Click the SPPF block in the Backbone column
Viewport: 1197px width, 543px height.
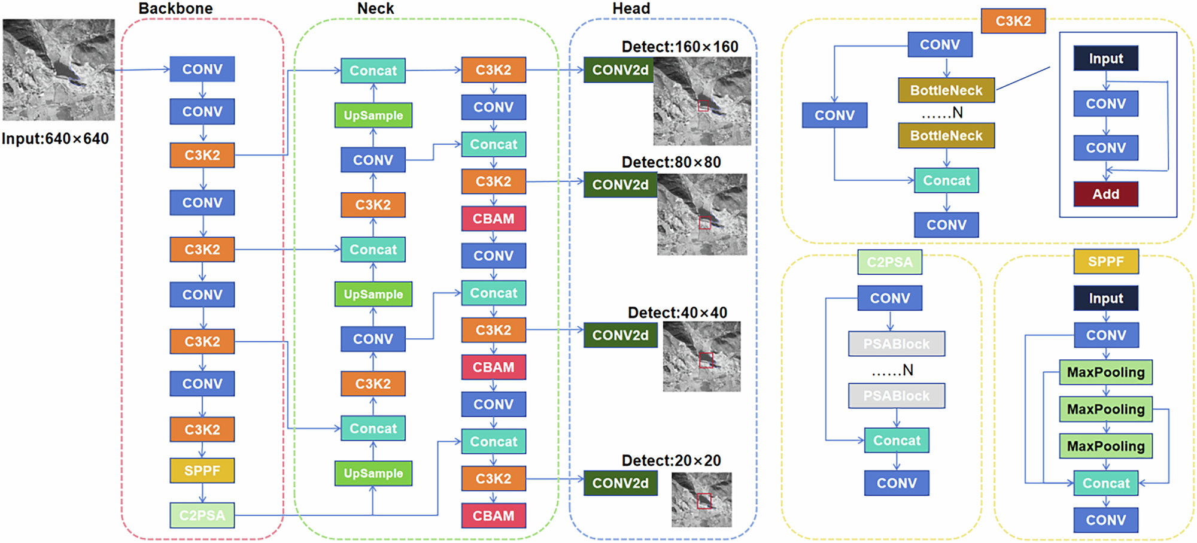pos(202,471)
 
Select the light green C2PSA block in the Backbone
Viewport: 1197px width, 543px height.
pos(202,515)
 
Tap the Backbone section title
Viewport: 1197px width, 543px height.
pos(175,8)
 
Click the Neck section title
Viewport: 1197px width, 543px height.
pos(375,8)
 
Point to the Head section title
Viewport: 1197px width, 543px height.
pos(631,8)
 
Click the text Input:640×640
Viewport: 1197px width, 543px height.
pos(55,139)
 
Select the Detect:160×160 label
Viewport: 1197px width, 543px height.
pos(680,47)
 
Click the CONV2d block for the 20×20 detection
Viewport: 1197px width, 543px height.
pos(620,483)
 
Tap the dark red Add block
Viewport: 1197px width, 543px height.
pos(1105,194)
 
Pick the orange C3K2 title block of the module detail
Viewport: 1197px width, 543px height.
pos(1013,21)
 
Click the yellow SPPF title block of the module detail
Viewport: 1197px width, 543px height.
pos(1105,262)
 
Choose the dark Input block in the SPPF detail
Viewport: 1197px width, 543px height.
pos(1105,298)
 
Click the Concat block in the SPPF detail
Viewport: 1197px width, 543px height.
pos(1105,483)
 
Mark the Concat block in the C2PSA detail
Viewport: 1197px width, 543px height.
pos(897,441)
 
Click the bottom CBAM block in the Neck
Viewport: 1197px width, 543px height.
pos(493,515)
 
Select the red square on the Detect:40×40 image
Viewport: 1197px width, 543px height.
pos(706,360)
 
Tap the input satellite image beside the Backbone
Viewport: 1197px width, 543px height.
pos(59,69)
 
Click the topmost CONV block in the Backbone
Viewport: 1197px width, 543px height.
pos(202,69)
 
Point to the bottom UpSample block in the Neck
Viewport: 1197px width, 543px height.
pos(373,473)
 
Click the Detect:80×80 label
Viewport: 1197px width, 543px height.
pos(671,162)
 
